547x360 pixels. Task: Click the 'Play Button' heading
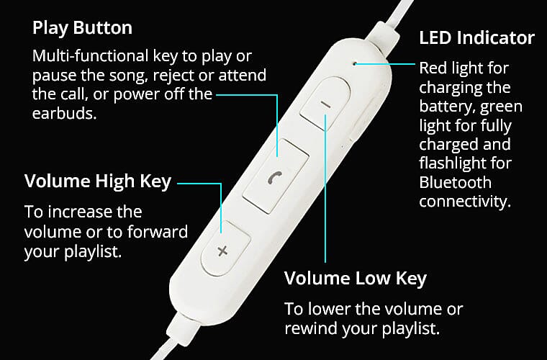pos(82,28)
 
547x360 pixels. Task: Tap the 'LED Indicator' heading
pos(476,37)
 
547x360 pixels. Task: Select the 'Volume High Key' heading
pos(98,181)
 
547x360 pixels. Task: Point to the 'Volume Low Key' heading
pos(356,279)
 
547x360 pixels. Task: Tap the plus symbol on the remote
pos(222,251)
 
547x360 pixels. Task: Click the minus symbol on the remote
pos(325,104)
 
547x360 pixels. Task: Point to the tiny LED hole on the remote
pos(355,64)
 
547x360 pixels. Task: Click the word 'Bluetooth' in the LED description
pos(456,182)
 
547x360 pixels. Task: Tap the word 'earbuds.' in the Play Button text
pos(65,113)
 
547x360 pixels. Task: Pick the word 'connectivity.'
pos(465,202)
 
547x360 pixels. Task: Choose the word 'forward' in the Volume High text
pos(158,232)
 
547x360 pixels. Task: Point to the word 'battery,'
pos(448,107)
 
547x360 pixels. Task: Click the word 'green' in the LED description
pos(502,107)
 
